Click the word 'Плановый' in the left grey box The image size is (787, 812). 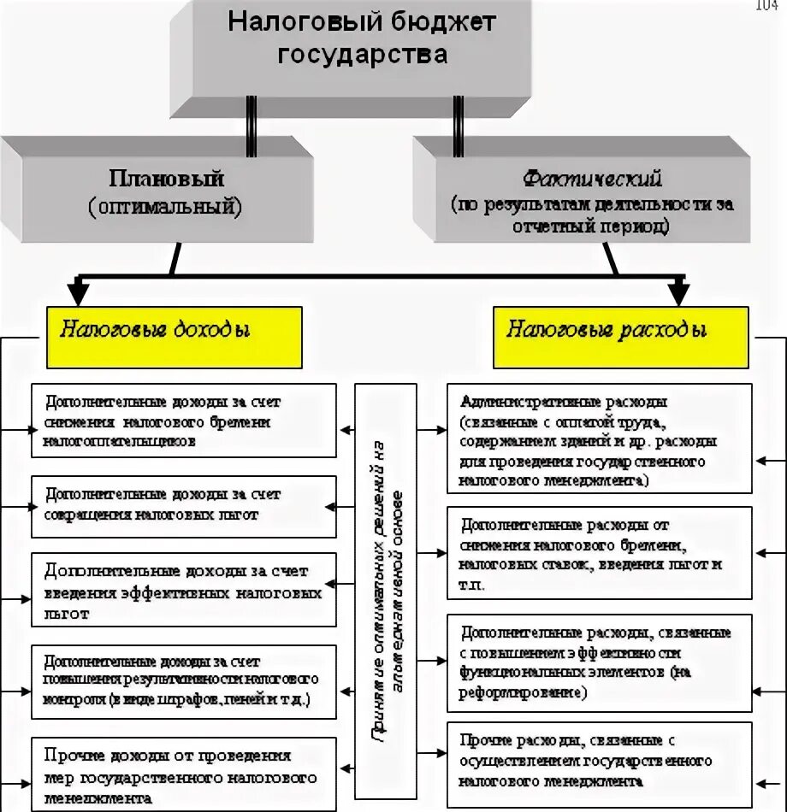pyautogui.click(x=166, y=179)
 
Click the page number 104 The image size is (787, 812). pyautogui.click(x=766, y=7)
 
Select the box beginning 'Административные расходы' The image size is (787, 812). pyautogui.click(x=599, y=438)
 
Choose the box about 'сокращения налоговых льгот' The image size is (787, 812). pyautogui.click(x=183, y=506)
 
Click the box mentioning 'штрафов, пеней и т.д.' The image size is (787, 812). pyautogui.click(x=183, y=680)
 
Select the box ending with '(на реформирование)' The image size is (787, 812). pyautogui.click(x=599, y=662)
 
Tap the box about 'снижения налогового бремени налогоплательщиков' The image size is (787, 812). pyautogui.click(x=183, y=421)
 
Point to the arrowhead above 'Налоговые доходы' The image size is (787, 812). pyautogui.click(x=78, y=293)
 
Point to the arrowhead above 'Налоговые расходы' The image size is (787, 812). pyautogui.click(x=678, y=293)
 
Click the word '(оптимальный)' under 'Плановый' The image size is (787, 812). pyautogui.click(x=165, y=206)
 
